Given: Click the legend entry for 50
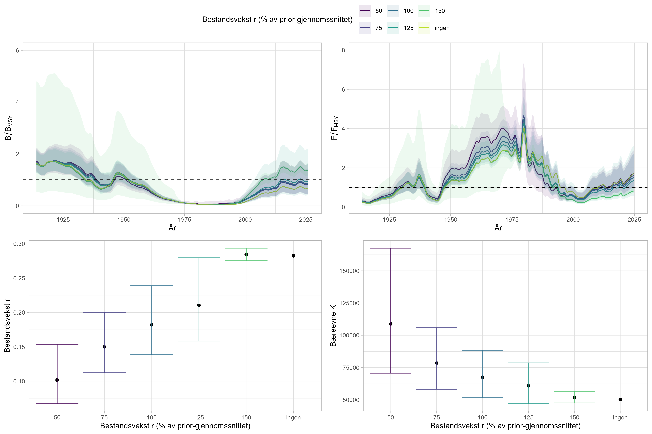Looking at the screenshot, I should (x=370, y=11).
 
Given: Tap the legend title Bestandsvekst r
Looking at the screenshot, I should (x=277, y=19).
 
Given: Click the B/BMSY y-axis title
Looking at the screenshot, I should (x=9, y=128).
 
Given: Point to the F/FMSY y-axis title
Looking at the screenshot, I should (x=335, y=128).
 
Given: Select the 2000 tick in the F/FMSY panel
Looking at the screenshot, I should (x=573, y=220).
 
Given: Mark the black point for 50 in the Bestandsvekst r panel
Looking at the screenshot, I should (x=57, y=380).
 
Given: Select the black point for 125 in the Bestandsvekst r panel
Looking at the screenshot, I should (x=199, y=305).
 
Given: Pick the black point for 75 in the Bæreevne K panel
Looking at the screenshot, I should (x=437, y=363).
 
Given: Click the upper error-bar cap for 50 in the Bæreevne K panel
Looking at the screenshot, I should (x=391, y=248).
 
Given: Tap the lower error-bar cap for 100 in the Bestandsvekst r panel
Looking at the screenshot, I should (x=152, y=355).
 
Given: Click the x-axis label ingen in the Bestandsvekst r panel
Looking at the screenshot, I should (x=293, y=417).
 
